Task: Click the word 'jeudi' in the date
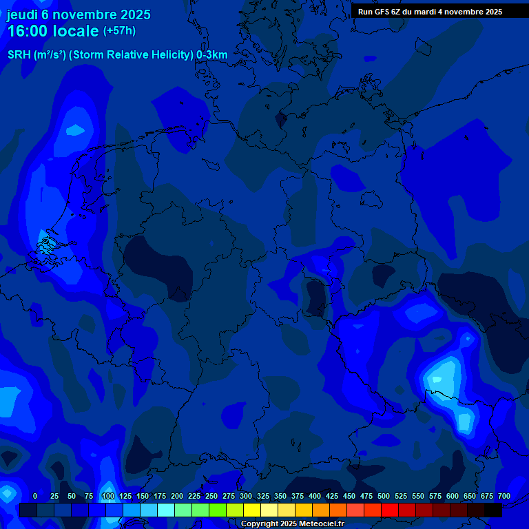[x=23, y=14]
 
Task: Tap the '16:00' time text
[x=30, y=31]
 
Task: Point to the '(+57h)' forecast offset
[x=119, y=31]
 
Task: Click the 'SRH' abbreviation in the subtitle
[x=19, y=54]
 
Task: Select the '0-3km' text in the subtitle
[x=211, y=54]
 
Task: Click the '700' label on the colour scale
[x=504, y=496]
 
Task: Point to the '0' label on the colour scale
[x=35, y=496]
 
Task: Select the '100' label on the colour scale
[x=108, y=496]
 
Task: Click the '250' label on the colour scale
[x=211, y=496]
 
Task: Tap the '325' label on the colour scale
[x=263, y=496]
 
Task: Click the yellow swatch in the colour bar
[x=252, y=510]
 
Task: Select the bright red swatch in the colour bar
[x=390, y=510]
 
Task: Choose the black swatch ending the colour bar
[x=493, y=510]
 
